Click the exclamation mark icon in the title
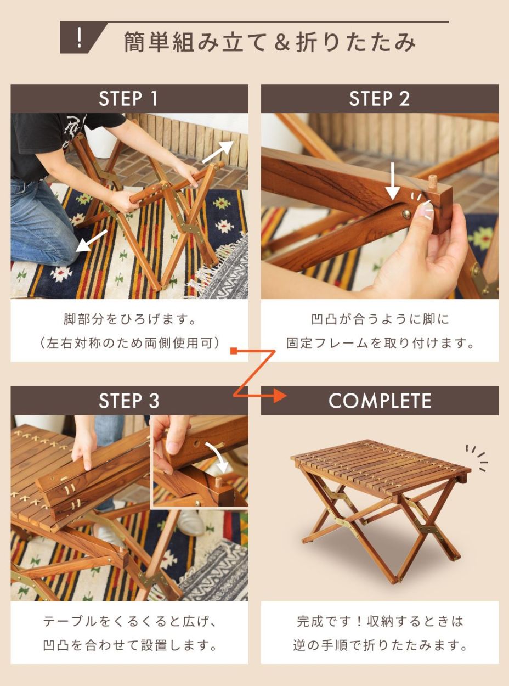[80, 38]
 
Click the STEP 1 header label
[128, 99]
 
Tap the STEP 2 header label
[379, 99]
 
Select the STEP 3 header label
[128, 401]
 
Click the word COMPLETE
[380, 401]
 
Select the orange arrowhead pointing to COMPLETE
[279, 395]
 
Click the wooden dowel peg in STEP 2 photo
[433, 182]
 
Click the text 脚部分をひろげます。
[129, 319]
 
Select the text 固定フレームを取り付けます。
[380, 344]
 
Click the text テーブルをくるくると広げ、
[129, 621]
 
